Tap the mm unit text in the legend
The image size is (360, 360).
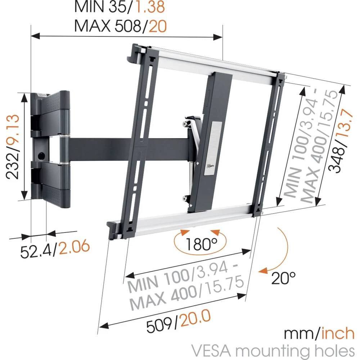coord(296,333)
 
